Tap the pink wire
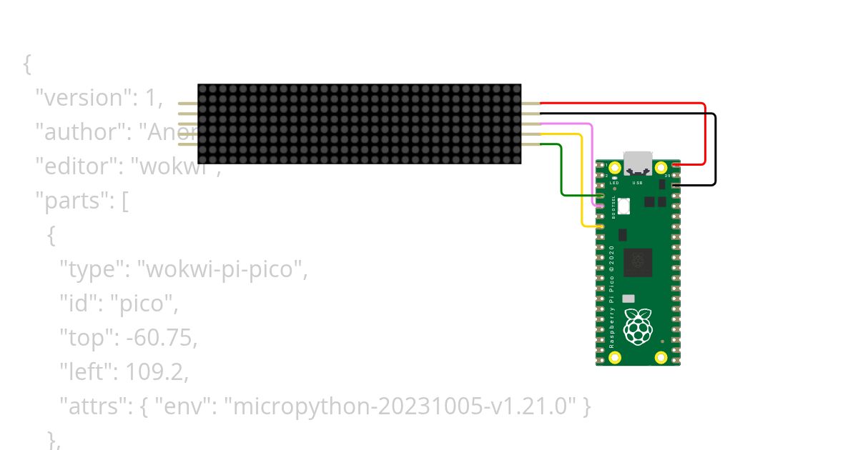coord(593,164)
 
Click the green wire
coord(561,171)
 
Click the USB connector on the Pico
coord(637,163)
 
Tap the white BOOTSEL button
coord(623,206)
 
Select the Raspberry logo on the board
coord(638,326)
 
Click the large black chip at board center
coord(638,262)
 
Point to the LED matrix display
coord(359,124)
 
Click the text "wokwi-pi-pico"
coord(226,269)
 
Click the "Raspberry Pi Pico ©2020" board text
coord(611,296)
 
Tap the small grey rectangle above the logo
coord(628,299)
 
